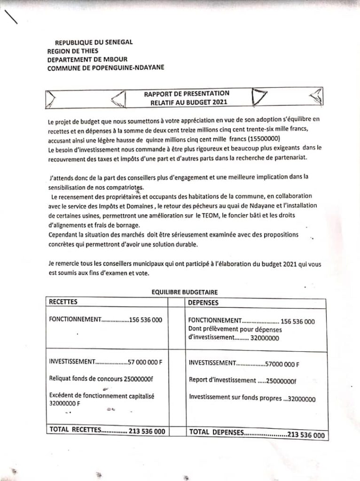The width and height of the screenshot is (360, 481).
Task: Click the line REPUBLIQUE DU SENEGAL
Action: (94, 42)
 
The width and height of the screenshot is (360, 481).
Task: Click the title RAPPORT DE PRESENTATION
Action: (187, 93)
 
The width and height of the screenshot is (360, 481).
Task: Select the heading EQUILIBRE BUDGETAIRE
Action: (184, 292)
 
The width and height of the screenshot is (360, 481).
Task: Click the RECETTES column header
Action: (63, 302)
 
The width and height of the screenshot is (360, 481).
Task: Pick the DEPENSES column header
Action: (203, 303)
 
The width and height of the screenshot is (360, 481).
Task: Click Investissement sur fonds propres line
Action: (252, 398)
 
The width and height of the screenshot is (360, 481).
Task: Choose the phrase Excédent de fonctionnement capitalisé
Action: (102, 396)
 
